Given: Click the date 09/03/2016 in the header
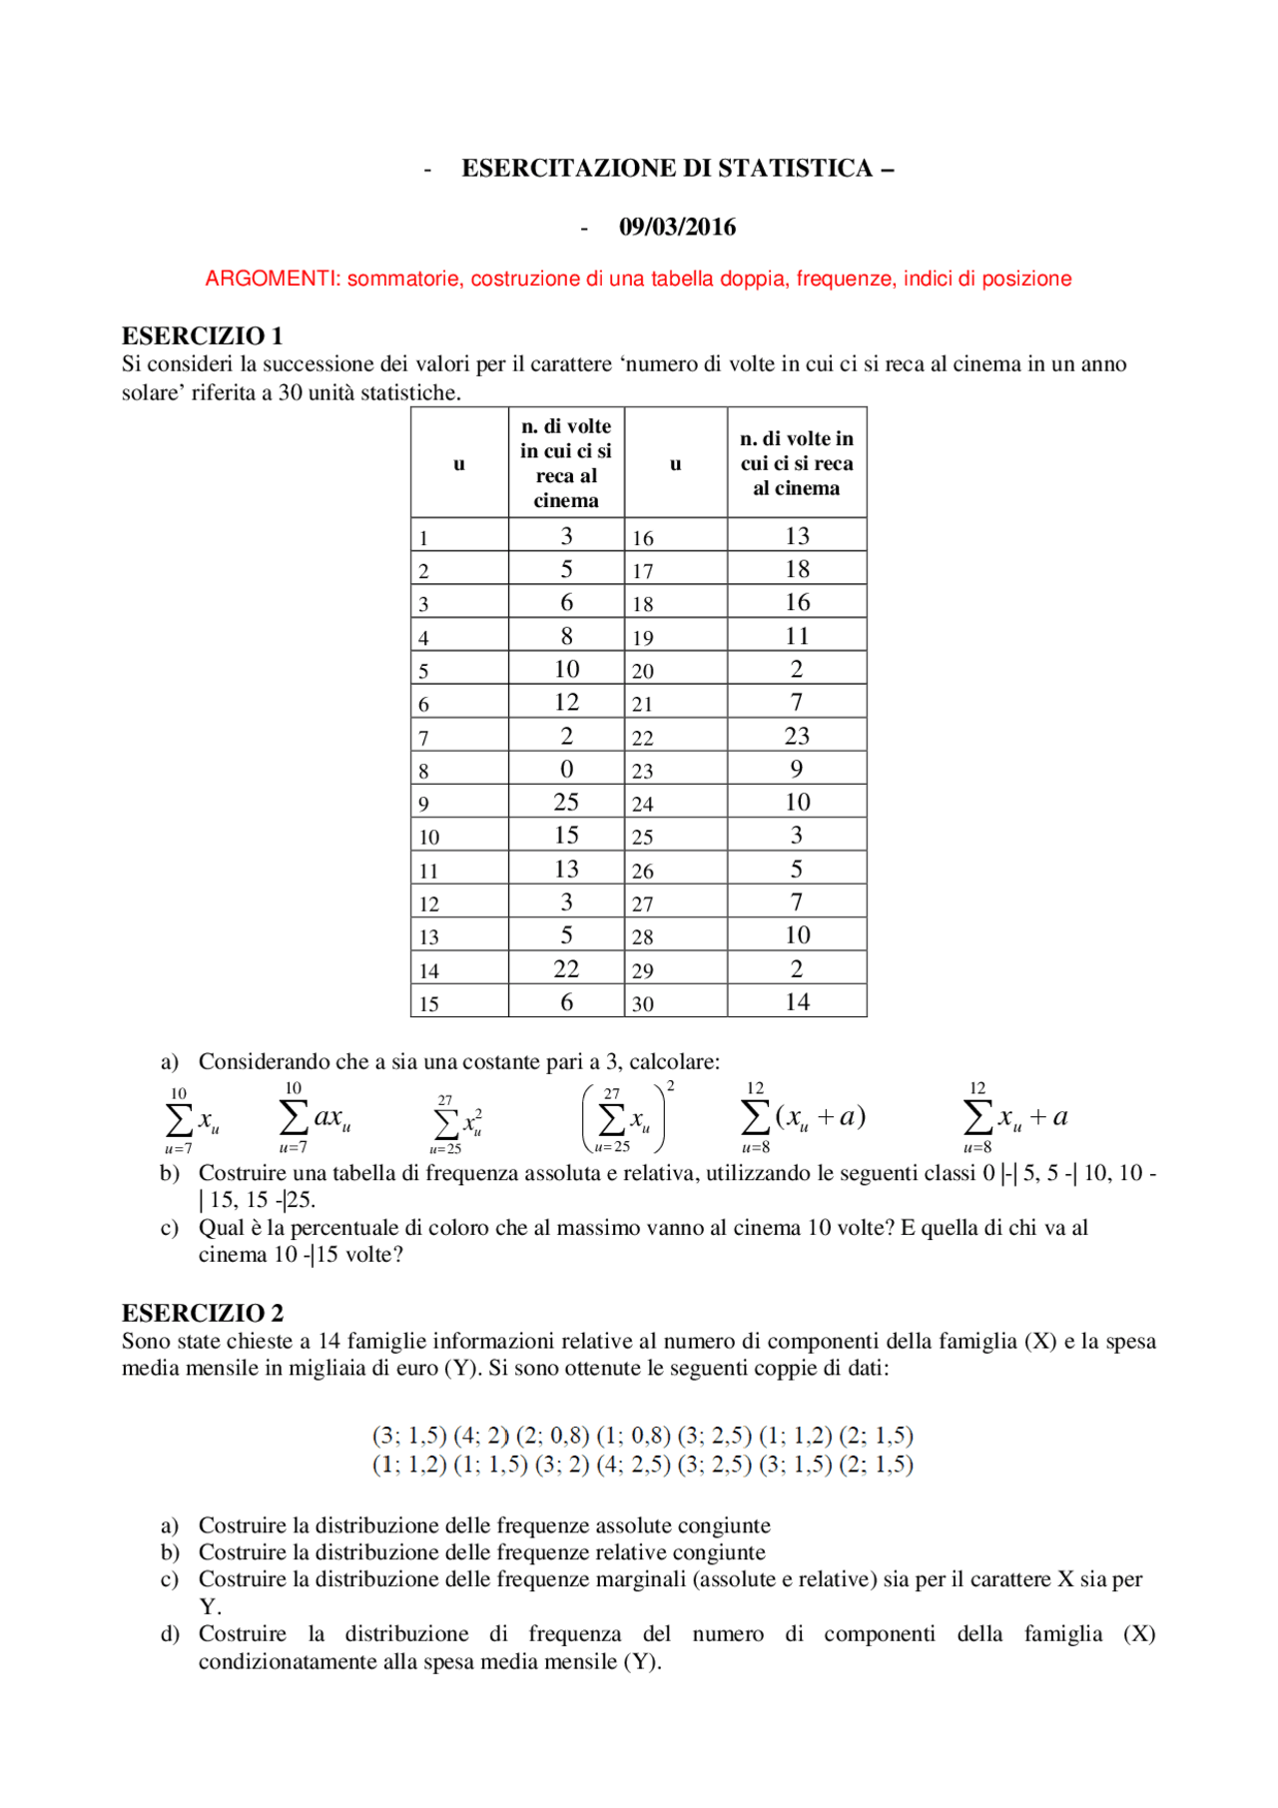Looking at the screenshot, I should click(677, 227).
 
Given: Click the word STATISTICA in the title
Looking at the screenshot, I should click(795, 168).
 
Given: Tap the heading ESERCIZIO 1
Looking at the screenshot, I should click(203, 335).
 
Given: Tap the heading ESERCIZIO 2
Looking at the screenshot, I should click(203, 1312).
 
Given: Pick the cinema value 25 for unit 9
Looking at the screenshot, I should click(566, 802).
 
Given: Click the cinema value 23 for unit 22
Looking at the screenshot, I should click(796, 736).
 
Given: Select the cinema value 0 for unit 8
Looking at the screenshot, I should click(566, 769).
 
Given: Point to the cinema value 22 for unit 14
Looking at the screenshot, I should click(566, 968).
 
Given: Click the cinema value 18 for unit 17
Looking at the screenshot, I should click(796, 569).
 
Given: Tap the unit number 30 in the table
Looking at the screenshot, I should click(643, 1004).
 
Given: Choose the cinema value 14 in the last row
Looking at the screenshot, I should click(796, 1001).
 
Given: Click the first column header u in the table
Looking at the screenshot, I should click(459, 463).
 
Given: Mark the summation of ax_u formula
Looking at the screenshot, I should click(315, 1117).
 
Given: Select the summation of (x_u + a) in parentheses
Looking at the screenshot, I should click(803, 1117).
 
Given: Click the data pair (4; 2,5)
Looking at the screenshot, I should click(632, 1465).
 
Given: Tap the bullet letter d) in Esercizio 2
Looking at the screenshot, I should click(170, 1634).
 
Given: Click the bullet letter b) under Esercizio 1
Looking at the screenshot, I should click(170, 1173).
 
